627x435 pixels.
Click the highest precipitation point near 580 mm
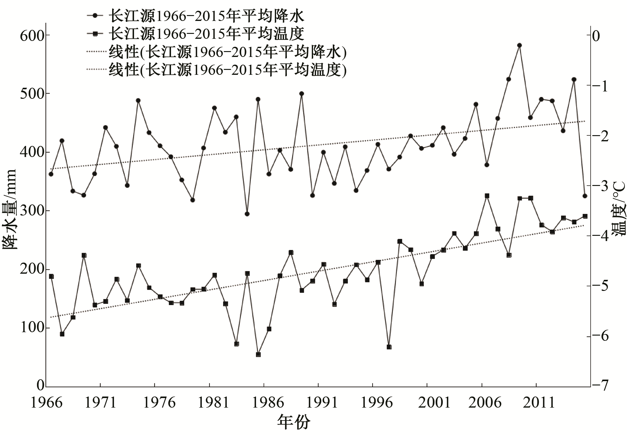click(519, 45)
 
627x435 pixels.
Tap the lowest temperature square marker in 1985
click(258, 355)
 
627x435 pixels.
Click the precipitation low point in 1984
click(247, 214)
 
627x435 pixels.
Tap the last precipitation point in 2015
click(585, 196)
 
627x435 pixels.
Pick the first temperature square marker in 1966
click(51, 276)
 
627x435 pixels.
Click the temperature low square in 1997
click(389, 347)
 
